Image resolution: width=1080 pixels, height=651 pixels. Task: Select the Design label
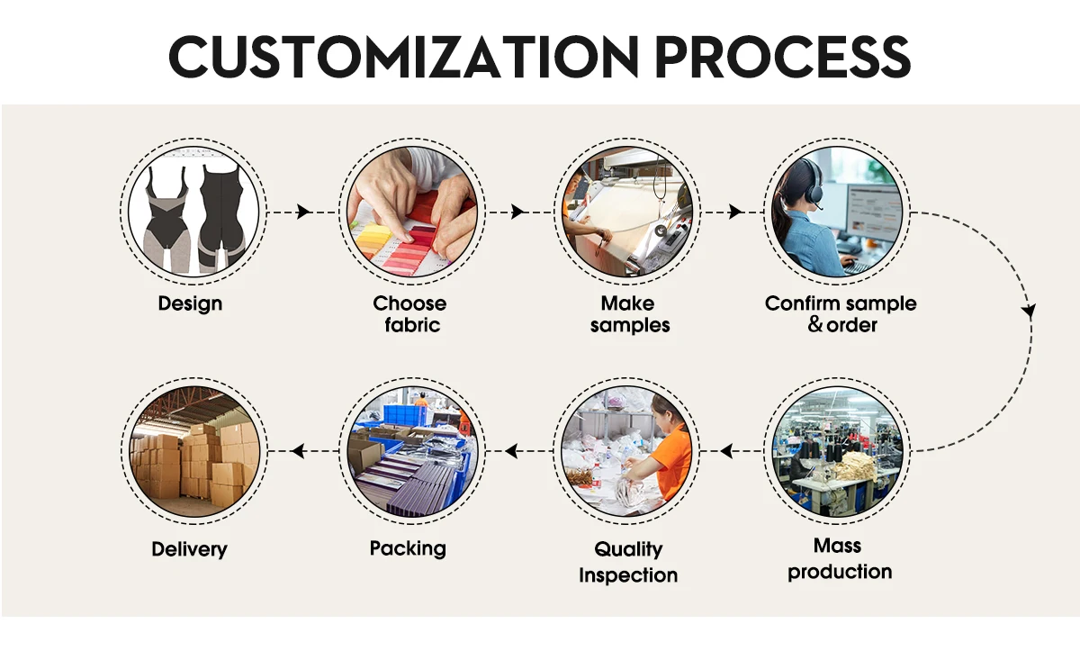click(190, 303)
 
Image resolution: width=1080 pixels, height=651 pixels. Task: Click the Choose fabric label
click(410, 313)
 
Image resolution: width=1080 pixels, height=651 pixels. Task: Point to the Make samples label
click(629, 313)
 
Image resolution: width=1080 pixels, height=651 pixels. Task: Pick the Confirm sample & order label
click(841, 313)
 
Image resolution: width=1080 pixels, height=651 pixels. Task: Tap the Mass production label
click(839, 558)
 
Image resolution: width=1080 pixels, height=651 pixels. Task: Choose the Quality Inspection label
click(628, 562)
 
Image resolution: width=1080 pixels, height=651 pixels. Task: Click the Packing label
click(408, 547)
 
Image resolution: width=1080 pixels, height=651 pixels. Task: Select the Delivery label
click(189, 549)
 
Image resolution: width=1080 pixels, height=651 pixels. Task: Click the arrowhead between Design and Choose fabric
click(303, 212)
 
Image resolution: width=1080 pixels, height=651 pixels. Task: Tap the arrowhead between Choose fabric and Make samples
click(517, 212)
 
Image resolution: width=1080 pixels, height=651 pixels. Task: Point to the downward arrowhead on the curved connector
click(1030, 312)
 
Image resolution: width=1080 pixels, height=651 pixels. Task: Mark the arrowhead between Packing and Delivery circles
click(297, 450)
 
